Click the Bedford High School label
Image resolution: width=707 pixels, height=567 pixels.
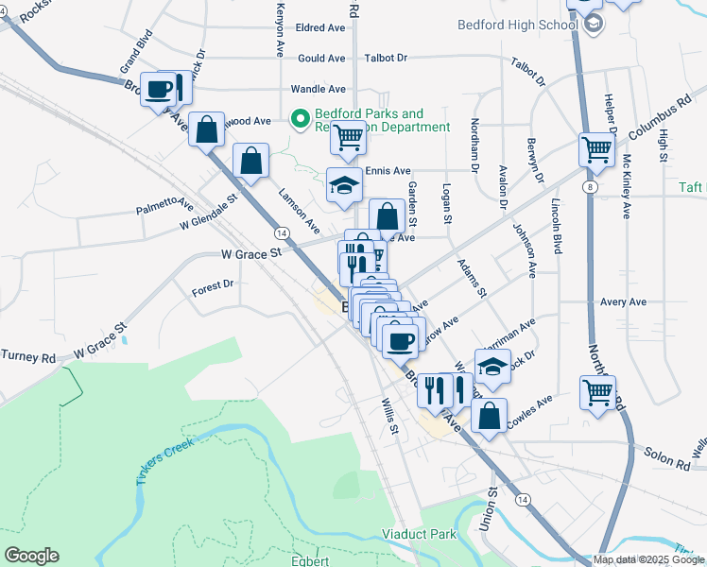tap(516, 25)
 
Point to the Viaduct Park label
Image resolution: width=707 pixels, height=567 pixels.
tap(419, 535)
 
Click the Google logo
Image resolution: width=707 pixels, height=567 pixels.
tap(31, 556)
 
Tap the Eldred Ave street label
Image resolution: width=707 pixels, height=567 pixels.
tap(321, 28)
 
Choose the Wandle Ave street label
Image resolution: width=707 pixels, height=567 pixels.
tap(318, 89)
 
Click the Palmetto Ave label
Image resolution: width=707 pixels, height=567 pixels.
tap(164, 206)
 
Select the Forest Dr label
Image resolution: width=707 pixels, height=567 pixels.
tap(212, 285)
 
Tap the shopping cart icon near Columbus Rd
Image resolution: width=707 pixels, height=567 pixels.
tap(597, 148)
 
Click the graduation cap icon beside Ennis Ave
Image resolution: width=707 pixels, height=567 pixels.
tap(344, 184)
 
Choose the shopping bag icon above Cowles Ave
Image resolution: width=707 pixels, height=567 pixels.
tap(489, 415)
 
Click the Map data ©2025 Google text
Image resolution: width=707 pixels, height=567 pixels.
tap(649, 559)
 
